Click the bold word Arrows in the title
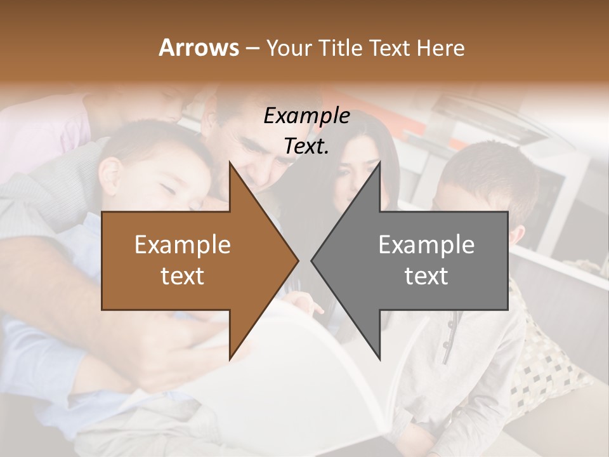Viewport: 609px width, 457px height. point(199,48)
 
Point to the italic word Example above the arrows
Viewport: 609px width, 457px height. point(306,116)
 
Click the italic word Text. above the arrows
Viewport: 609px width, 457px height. point(306,147)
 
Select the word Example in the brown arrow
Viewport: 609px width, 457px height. point(183,244)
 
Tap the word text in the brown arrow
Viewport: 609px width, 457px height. point(183,276)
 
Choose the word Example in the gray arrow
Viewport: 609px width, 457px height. point(426,244)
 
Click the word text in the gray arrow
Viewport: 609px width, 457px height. point(426,276)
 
